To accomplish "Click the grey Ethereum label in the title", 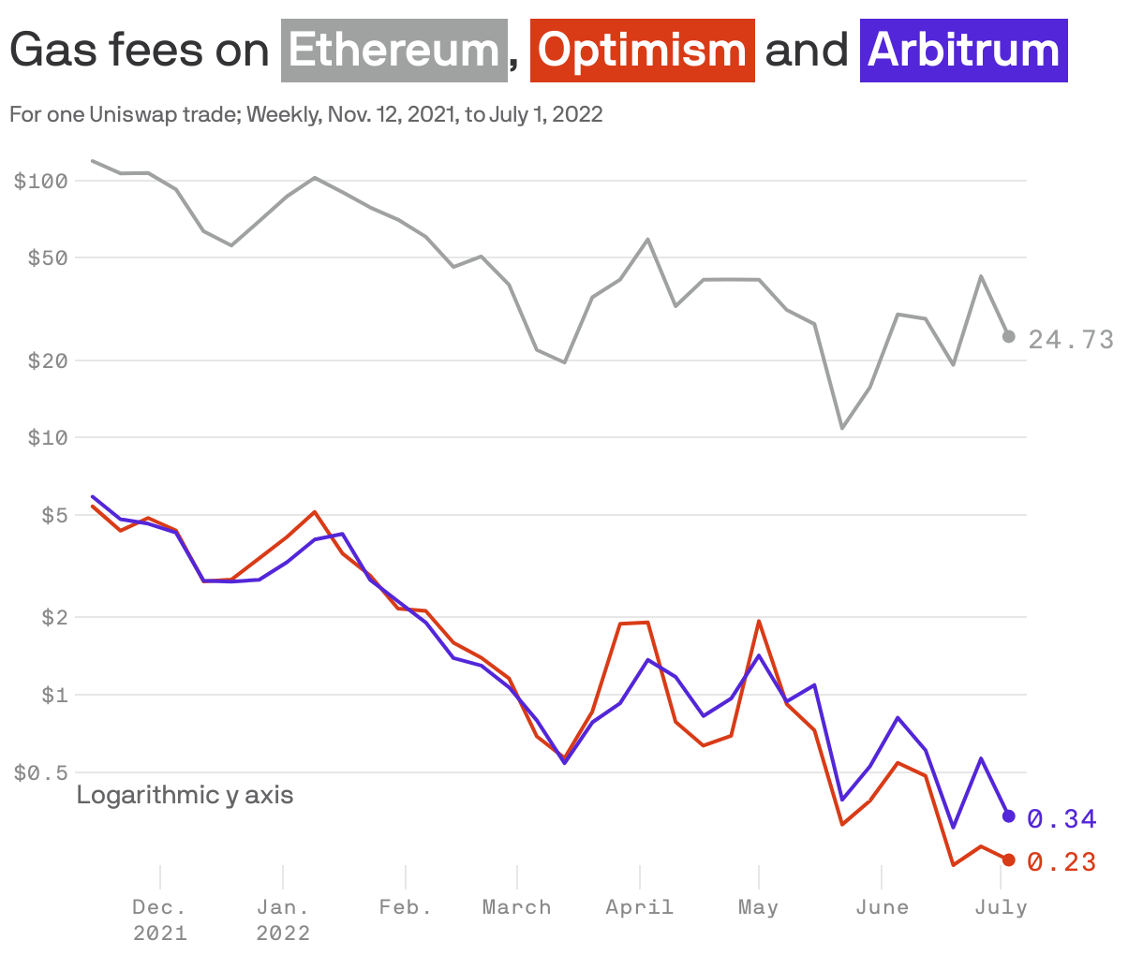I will click(393, 51).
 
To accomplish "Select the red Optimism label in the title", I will click(642, 51).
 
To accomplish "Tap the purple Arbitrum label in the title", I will click(963, 51).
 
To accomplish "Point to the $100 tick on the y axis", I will click(41, 181).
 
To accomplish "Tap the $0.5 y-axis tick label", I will click(41, 773).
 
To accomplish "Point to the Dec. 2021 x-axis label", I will click(159, 919).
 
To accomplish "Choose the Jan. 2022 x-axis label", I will click(283, 919).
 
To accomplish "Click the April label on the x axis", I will click(639, 907).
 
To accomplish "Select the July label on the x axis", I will click(1001, 907).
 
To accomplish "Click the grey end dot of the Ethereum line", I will click(1009, 336).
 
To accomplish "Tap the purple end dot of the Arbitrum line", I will click(1009, 816).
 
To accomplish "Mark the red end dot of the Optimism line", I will click(1009, 859).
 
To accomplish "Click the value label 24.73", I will click(1071, 340).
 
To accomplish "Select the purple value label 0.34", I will click(1061, 819).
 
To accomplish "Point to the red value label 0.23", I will click(1061, 862).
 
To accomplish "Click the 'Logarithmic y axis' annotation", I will click(185, 795).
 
